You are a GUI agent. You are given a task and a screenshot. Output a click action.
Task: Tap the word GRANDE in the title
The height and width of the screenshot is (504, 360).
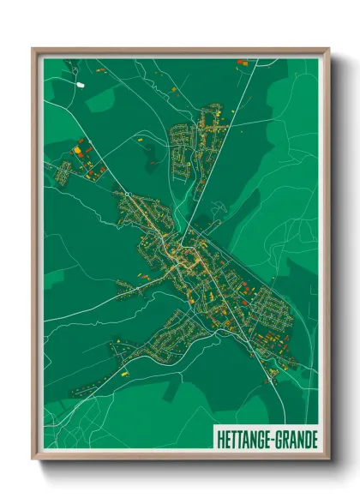tap(296, 437)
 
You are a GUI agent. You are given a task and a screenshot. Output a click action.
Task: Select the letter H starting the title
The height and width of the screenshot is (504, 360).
tap(214, 437)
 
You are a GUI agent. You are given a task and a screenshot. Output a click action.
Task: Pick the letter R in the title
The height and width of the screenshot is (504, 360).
tap(285, 437)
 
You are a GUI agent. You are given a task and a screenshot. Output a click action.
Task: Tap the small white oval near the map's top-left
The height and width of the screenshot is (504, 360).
tap(81, 85)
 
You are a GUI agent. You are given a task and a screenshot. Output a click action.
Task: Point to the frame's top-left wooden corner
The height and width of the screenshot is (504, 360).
tap(34, 50)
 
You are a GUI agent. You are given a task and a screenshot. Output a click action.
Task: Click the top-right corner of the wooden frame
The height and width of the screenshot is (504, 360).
tap(327, 50)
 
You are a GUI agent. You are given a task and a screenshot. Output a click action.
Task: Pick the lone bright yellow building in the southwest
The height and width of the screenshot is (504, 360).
tap(124, 375)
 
